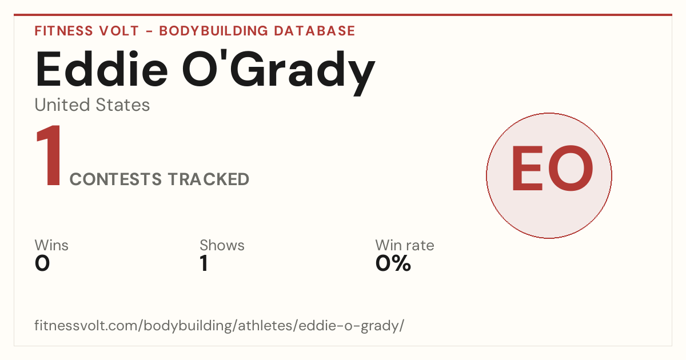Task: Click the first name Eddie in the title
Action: click(x=102, y=69)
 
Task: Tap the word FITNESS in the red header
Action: click(x=63, y=31)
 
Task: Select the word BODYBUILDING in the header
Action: click(x=214, y=31)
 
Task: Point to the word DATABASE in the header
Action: click(x=314, y=31)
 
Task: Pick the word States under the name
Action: click(x=123, y=105)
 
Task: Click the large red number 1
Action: click(x=49, y=155)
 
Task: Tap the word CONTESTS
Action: click(x=115, y=179)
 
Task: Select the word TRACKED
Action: click(x=209, y=179)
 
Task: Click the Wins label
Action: click(x=51, y=245)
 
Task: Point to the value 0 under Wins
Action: click(x=42, y=263)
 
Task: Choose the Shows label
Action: click(x=222, y=245)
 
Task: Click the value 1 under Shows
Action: click(x=204, y=263)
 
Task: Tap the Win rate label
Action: click(x=405, y=245)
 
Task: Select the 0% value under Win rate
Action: click(x=393, y=263)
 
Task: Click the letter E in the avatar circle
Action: click(x=528, y=168)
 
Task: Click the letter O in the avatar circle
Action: click(x=571, y=168)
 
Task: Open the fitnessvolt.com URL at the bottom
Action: click(x=220, y=326)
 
